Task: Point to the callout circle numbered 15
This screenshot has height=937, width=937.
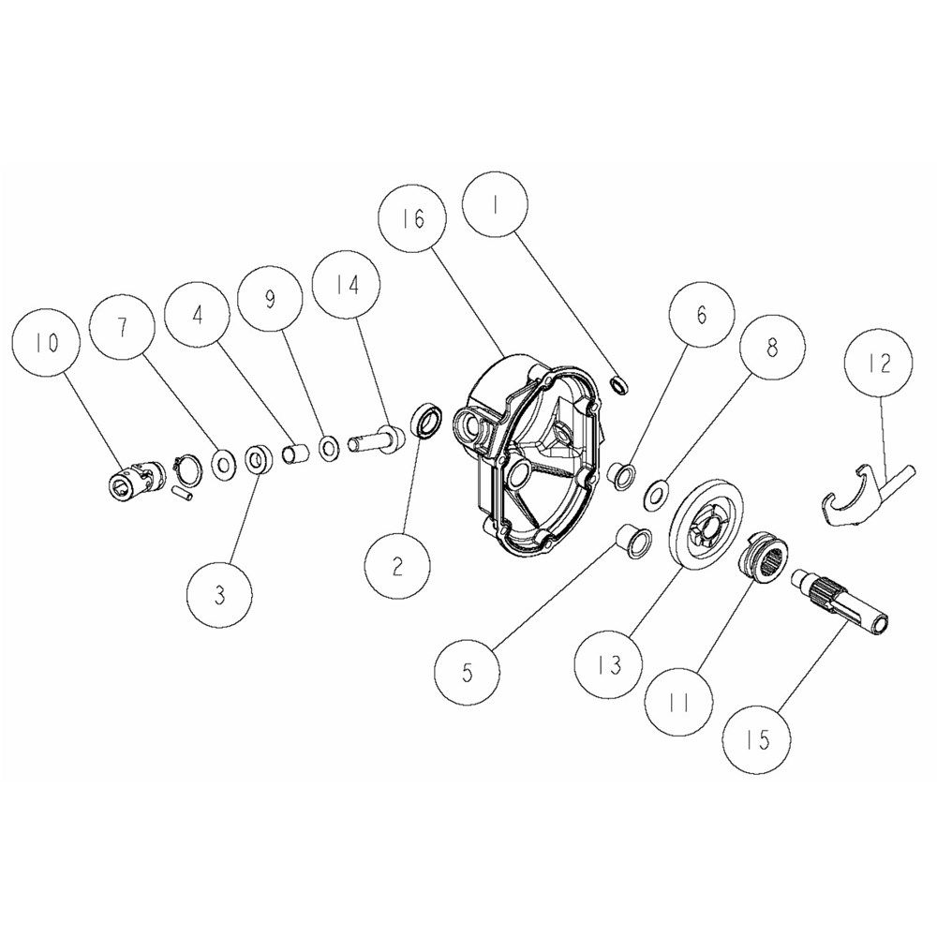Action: point(759,740)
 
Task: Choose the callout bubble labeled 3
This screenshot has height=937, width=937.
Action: point(219,596)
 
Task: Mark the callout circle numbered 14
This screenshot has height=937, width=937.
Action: point(347,283)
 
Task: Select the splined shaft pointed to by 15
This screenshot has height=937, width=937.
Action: point(840,603)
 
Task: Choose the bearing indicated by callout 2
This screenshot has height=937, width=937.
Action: point(426,423)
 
